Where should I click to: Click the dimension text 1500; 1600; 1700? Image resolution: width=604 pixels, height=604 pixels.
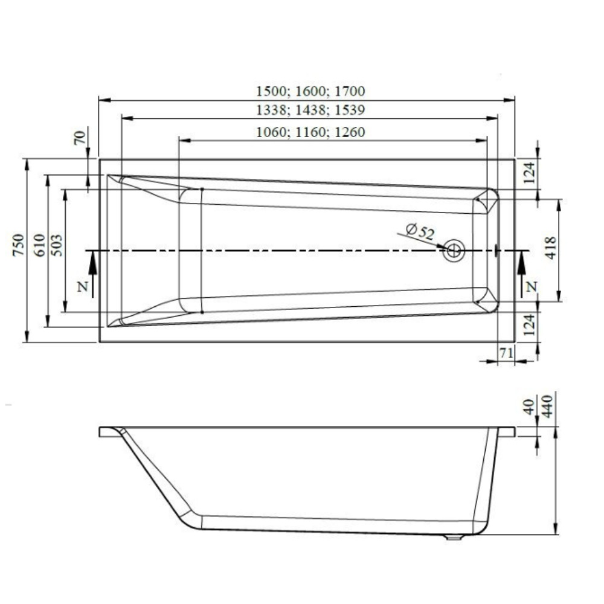tap(310, 91)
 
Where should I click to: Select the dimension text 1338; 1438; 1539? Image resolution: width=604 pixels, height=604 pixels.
tap(310, 110)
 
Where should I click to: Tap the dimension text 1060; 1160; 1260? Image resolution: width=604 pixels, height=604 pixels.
tap(310, 132)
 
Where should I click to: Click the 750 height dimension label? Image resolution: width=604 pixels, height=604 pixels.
tap(18, 245)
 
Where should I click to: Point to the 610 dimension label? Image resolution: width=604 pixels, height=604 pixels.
tap(39, 245)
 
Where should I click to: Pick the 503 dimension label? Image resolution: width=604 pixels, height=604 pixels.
tap(56, 245)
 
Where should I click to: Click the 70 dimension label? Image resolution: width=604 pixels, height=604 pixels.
tap(79, 138)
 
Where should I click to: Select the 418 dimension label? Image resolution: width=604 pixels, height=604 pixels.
tap(550, 248)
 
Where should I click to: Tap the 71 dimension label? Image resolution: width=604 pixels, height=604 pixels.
tap(506, 353)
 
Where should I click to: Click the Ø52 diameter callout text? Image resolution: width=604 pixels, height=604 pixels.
tap(420, 231)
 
